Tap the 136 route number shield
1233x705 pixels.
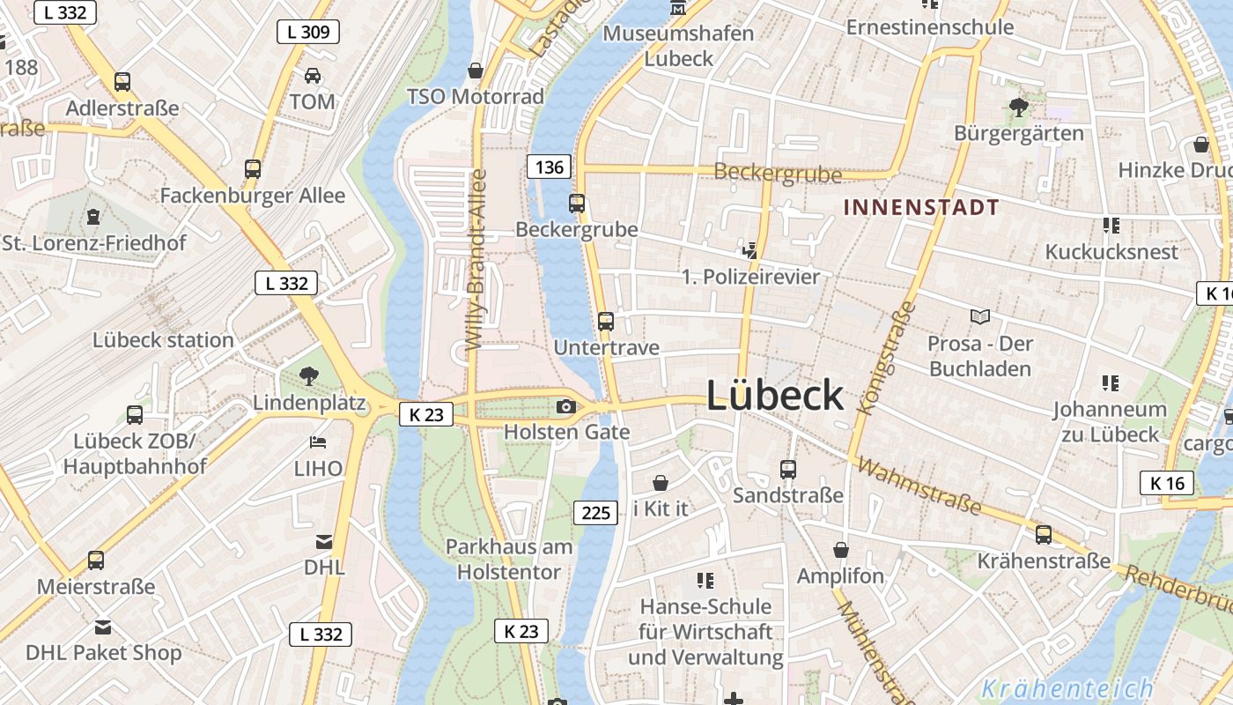click(550, 167)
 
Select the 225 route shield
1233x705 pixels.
click(596, 512)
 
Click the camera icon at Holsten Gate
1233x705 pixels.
click(566, 406)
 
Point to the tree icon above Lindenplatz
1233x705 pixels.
click(308, 377)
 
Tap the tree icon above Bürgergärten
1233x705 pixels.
click(1019, 108)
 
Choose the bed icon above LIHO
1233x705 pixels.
click(318, 442)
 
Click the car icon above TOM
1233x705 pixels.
click(313, 76)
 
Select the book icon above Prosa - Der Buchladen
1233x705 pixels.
click(979, 316)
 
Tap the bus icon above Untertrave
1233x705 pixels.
click(606, 321)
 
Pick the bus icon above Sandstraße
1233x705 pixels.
click(788, 469)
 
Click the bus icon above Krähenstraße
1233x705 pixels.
click(1044, 534)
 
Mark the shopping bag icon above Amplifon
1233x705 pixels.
click(841, 550)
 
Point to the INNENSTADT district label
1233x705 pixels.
click(921, 208)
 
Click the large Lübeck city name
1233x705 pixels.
click(775, 396)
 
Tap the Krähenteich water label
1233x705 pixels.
click(1067, 688)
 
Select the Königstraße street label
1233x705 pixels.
click(886, 359)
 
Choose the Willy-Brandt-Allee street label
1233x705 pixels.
click(476, 259)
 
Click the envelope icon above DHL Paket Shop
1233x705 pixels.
click(103, 627)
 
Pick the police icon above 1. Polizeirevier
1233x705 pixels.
click(750, 250)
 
